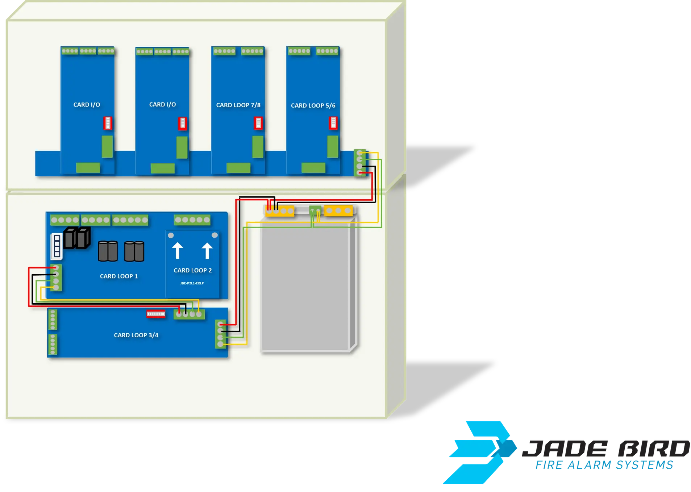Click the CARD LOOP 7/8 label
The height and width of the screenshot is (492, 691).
pos(238,105)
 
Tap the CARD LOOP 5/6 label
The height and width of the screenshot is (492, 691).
pos(313,105)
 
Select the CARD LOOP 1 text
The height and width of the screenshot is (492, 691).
pos(119,276)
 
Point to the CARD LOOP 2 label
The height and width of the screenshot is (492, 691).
pos(192,270)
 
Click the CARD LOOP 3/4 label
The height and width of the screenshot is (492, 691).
pos(136,335)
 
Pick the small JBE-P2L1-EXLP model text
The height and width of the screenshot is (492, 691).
pos(192,283)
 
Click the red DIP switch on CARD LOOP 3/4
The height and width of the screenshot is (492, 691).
pos(156,314)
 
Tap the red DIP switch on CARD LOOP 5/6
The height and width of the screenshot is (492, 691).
pos(333,123)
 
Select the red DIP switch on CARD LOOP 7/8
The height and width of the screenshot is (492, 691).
pos(258,123)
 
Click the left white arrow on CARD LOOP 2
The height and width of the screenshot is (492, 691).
pos(178,250)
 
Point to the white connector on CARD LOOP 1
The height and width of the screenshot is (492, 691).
pos(57,246)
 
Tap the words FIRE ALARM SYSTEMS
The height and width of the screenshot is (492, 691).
pos(604,465)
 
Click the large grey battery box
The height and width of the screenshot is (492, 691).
pos(306,286)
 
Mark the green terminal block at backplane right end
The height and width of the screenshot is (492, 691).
pos(359,163)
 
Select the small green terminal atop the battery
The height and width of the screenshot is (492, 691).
pos(315,210)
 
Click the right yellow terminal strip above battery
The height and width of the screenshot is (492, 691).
pos(338,210)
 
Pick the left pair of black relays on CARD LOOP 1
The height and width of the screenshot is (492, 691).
pos(76,238)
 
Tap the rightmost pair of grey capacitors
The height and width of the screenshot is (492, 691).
pos(134,251)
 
